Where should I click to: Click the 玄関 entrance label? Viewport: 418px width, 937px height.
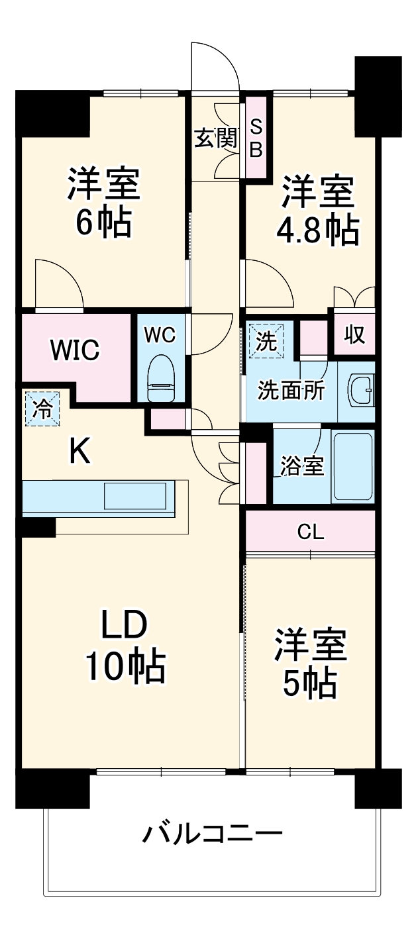217,138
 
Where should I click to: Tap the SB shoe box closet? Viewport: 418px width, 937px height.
256,136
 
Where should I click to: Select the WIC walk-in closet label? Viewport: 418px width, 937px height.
76,350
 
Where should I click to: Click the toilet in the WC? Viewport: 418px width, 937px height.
161,378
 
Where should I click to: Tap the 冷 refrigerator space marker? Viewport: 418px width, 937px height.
42,409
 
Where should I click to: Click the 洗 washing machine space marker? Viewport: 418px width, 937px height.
266,340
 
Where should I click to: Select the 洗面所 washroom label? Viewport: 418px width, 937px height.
291,391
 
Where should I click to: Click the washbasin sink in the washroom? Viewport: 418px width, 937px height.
361,390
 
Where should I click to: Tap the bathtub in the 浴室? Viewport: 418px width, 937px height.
352,466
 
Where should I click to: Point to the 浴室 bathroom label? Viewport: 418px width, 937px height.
302,466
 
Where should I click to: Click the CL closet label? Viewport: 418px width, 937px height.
311,532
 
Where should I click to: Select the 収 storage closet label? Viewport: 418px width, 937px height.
354,334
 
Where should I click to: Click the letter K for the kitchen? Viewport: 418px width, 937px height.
79,452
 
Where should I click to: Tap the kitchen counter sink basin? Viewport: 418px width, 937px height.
135,496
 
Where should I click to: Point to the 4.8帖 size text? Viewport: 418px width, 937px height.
317,229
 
